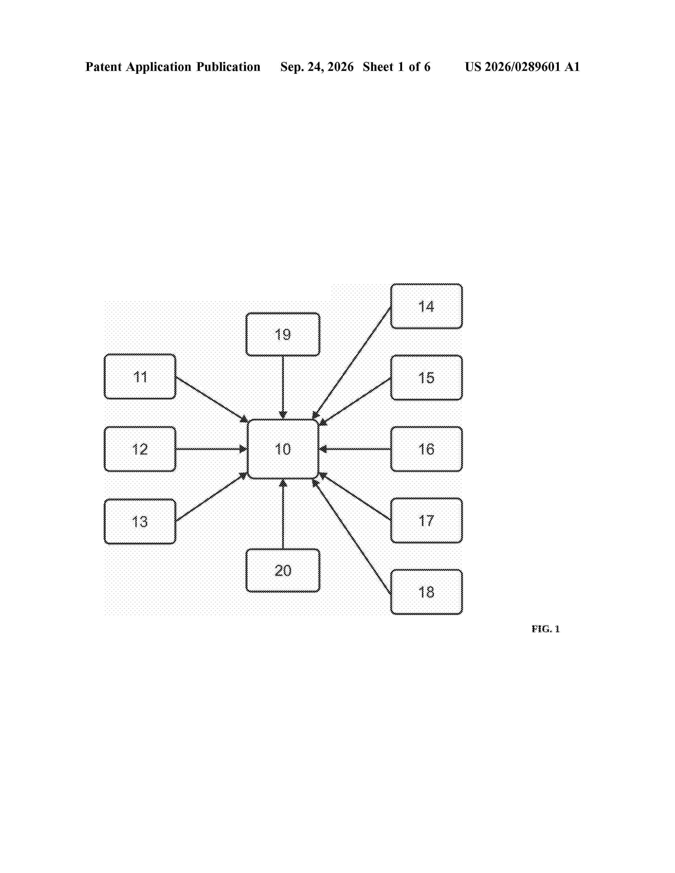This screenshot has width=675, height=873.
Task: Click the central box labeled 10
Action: coord(283,449)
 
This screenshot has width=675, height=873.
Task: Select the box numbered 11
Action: coord(140,376)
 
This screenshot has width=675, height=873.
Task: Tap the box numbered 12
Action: coord(140,449)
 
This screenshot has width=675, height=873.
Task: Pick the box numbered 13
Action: coord(140,521)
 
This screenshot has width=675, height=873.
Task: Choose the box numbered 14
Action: coord(426,306)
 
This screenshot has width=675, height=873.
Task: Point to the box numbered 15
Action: coord(426,377)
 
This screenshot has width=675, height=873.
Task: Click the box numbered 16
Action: coord(426,449)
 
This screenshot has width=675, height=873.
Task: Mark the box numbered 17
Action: coord(426,520)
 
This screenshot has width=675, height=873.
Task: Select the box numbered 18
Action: coord(426,592)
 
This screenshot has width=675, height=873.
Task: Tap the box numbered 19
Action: coord(283,334)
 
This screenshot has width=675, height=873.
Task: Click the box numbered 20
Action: coord(283,570)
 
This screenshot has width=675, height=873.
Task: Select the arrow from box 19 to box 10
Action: coord(283,387)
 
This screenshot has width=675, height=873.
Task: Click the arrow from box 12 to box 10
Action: coord(211,449)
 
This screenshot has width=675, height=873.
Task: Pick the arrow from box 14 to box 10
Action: coord(352,362)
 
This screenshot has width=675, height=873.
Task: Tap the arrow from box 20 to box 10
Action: coord(283,514)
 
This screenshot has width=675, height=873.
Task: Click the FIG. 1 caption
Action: coord(546,629)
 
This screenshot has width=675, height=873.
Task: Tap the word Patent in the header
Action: coord(103,67)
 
